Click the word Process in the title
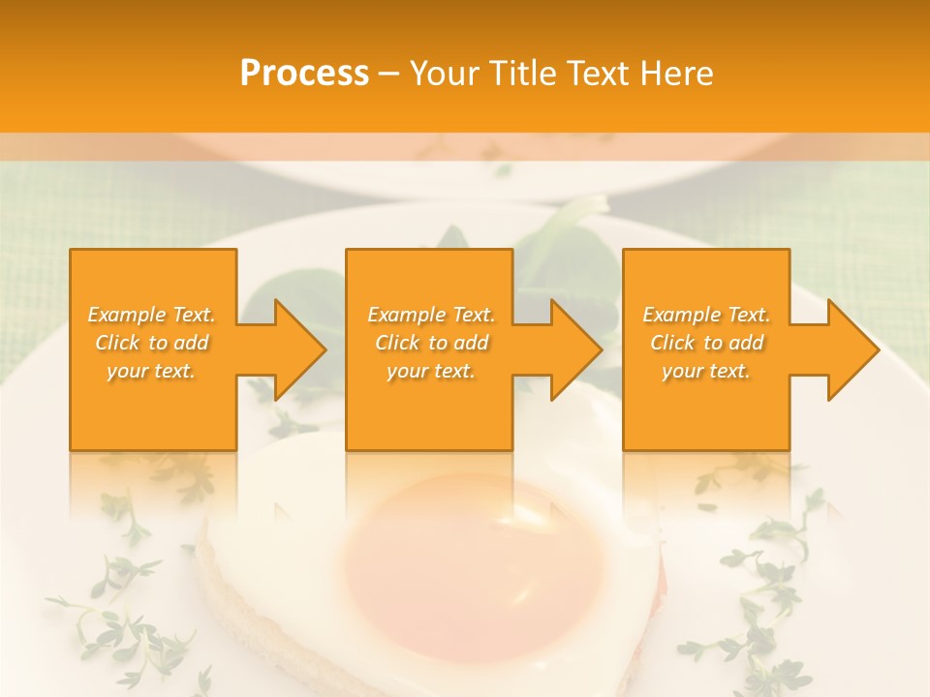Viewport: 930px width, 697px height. point(304,74)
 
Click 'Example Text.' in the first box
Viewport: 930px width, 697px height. point(152,315)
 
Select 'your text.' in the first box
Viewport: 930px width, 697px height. point(152,371)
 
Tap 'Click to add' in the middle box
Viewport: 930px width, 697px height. point(431,343)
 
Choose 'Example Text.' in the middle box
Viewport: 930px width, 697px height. point(431,315)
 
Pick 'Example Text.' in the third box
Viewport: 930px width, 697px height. point(706,315)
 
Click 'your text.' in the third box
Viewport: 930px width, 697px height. point(706,371)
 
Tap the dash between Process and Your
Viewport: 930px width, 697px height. point(388,74)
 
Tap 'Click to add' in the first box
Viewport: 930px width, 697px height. point(152,343)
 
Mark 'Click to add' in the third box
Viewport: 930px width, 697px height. point(706,343)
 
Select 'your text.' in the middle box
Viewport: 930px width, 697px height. point(431,371)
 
